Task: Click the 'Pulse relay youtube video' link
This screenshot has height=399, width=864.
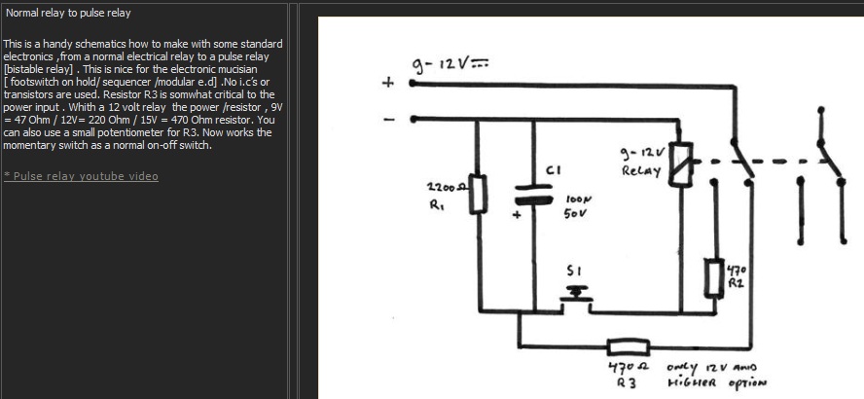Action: pyautogui.click(x=81, y=176)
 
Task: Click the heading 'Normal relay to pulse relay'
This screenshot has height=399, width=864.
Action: pyautogui.click(x=68, y=13)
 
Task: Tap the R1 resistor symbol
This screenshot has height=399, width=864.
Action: pyautogui.click(x=478, y=194)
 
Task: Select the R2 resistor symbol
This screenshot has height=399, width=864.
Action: pyautogui.click(x=715, y=277)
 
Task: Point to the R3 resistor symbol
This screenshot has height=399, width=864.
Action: pyautogui.click(x=629, y=347)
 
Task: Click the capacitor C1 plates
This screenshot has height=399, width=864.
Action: pyautogui.click(x=533, y=195)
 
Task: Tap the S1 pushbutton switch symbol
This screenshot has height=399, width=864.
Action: pyautogui.click(x=576, y=295)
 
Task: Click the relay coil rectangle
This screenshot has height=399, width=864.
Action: pyautogui.click(x=680, y=164)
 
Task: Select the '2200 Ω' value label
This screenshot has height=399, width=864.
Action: pyautogui.click(x=447, y=188)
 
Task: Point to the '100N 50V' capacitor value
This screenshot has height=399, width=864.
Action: pyautogui.click(x=578, y=205)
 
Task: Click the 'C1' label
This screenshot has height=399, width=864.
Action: pyautogui.click(x=553, y=170)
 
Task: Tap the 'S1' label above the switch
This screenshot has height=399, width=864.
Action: pyautogui.click(x=574, y=272)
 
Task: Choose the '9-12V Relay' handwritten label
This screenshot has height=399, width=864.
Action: pyautogui.click(x=642, y=161)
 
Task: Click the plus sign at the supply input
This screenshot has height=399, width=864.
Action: pyautogui.click(x=388, y=83)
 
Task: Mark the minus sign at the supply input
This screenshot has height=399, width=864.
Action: pyautogui.click(x=389, y=120)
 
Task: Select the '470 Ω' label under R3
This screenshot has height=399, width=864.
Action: pyautogui.click(x=629, y=367)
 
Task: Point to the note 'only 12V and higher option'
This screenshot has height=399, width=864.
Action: pyautogui.click(x=716, y=375)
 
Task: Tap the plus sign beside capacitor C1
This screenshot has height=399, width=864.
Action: pyautogui.click(x=517, y=215)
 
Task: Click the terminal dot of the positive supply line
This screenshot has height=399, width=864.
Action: pyautogui.click(x=413, y=84)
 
